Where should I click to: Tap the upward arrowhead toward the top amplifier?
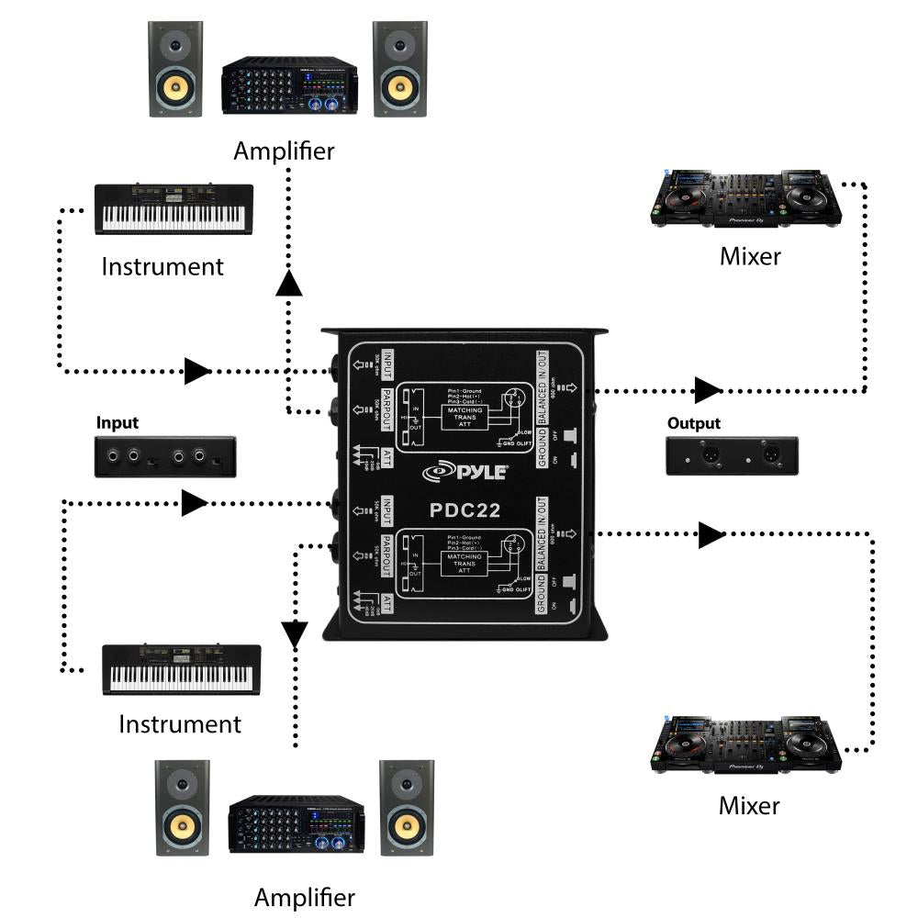[289, 285]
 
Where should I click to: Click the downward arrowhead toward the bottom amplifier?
[294, 633]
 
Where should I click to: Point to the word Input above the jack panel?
[118, 423]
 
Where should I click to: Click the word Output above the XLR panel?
[695, 423]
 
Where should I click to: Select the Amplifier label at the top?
[284, 151]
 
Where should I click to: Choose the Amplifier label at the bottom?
[304, 896]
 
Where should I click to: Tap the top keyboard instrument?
[174, 209]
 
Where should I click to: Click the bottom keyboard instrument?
[181, 669]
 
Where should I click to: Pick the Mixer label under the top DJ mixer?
[749, 256]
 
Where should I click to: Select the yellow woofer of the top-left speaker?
[176, 88]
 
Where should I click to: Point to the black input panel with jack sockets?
[165, 456]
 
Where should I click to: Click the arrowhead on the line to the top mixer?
[707, 390]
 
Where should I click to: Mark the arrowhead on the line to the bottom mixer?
[711, 535]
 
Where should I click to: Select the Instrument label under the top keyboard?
[162, 267]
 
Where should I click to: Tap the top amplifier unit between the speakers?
[289, 87]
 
